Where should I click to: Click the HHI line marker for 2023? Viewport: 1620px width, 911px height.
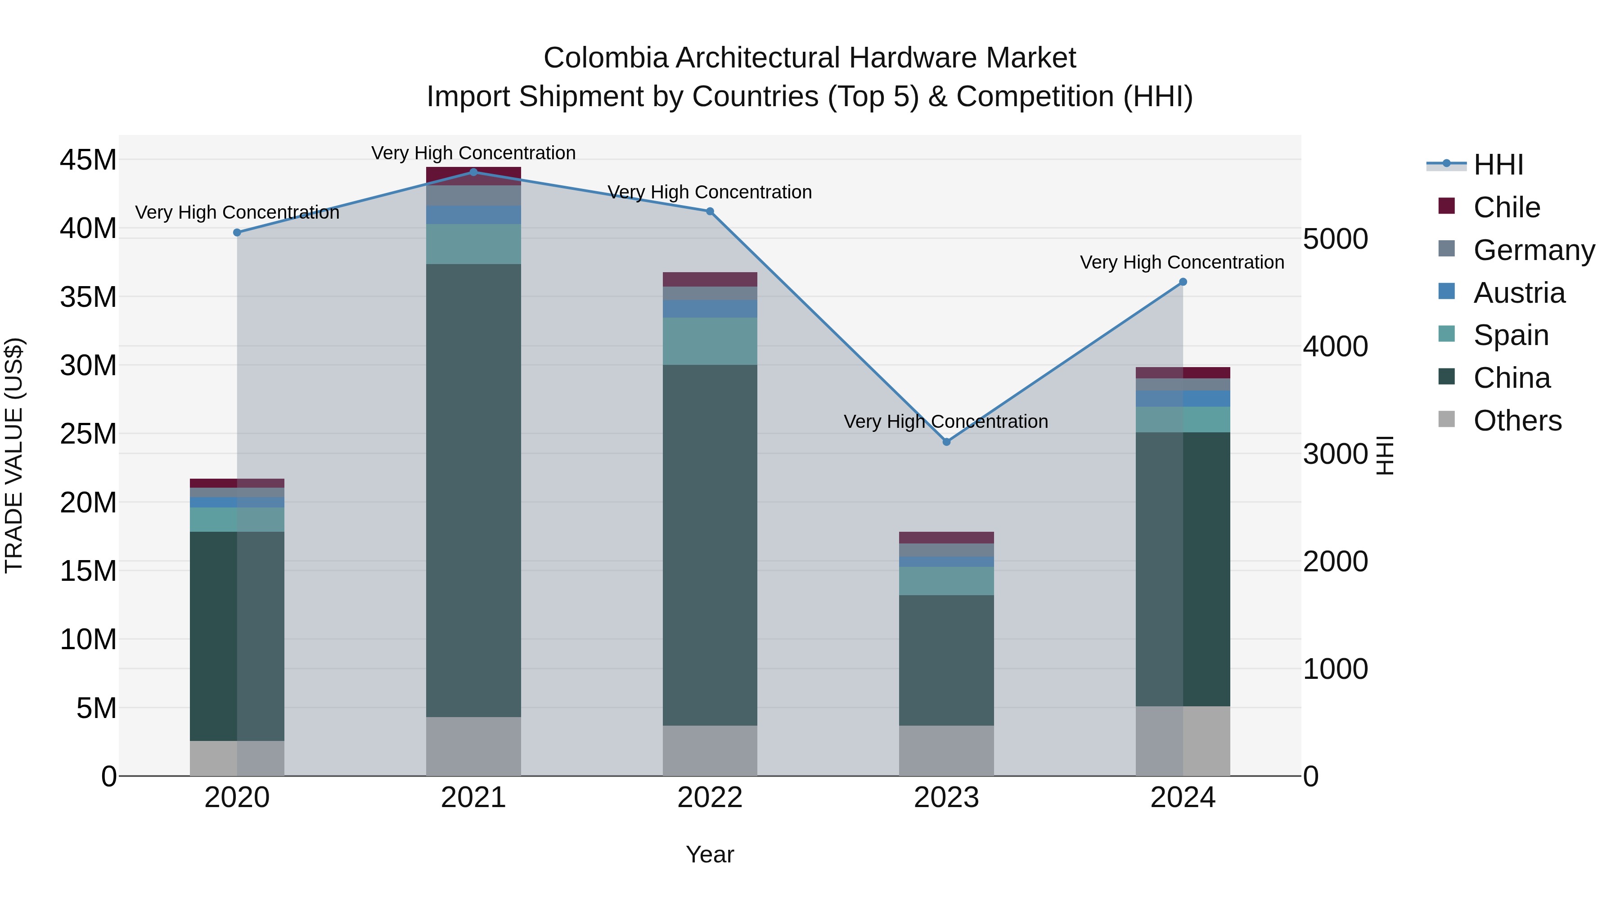tap(946, 442)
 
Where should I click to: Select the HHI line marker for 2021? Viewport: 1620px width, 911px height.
tap(473, 172)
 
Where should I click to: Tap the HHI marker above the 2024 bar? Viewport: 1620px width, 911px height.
tap(1183, 282)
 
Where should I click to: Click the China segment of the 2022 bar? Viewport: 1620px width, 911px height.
tap(710, 545)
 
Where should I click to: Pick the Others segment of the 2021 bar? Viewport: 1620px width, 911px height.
tap(473, 746)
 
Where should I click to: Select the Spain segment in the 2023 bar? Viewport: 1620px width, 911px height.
tap(946, 581)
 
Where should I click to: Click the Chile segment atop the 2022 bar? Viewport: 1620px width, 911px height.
tap(710, 279)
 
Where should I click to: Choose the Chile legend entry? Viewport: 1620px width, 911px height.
tap(1507, 207)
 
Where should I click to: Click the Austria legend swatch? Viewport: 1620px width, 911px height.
tap(1446, 292)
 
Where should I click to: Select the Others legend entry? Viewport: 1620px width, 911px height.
tap(1517, 421)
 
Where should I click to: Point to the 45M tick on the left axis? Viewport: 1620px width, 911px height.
tap(88, 160)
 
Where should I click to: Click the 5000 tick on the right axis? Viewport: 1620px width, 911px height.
tap(1336, 239)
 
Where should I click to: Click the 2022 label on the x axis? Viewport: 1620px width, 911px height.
tap(710, 798)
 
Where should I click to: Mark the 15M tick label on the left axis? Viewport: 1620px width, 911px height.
tap(88, 571)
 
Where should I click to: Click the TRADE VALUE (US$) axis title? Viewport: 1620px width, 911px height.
tap(14, 455)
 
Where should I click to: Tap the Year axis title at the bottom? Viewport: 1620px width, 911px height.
tap(710, 854)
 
